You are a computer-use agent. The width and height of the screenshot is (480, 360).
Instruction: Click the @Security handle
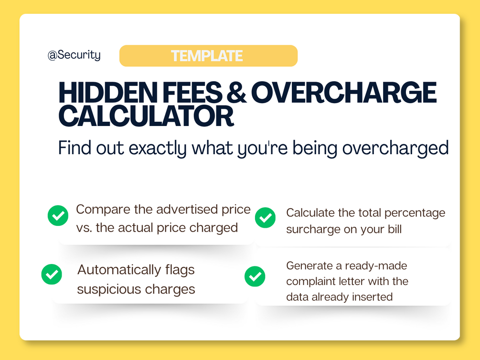click(74, 55)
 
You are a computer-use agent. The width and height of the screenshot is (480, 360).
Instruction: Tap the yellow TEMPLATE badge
click(208, 56)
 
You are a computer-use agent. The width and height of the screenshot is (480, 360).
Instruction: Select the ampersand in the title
click(236, 93)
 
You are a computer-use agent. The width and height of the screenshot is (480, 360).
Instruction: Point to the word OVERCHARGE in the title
click(344, 93)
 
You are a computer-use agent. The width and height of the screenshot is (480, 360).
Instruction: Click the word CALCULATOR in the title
click(146, 116)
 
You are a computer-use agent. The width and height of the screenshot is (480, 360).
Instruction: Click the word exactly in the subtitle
click(157, 148)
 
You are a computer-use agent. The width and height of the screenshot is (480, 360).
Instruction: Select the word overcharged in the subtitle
click(395, 148)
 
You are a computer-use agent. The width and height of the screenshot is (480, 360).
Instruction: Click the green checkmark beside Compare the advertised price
click(58, 215)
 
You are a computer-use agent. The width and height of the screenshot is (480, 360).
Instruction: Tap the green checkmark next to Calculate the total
click(265, 218)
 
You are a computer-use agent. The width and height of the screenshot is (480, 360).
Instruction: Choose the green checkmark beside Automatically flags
click(52, 274)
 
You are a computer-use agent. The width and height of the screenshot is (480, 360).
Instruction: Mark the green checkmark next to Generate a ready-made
click(255, 276)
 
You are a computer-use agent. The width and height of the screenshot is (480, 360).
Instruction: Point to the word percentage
click(415, 213)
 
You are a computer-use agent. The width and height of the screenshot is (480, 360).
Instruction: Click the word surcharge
click(312, 230)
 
